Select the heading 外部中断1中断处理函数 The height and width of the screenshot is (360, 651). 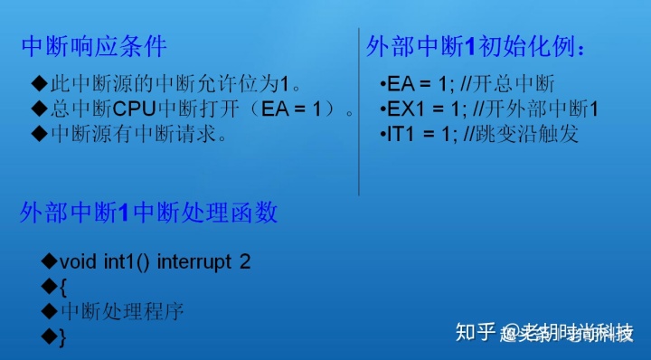pos(149,213)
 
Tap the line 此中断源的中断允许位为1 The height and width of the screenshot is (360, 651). pos(171,85)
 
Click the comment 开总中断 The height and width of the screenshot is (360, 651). pos(521,85)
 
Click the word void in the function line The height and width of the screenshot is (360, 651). pos(79,262)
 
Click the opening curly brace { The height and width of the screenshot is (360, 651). pos(62,288)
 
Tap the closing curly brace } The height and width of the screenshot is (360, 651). pos(62,337)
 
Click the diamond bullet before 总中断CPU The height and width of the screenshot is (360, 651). pos(39,109)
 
